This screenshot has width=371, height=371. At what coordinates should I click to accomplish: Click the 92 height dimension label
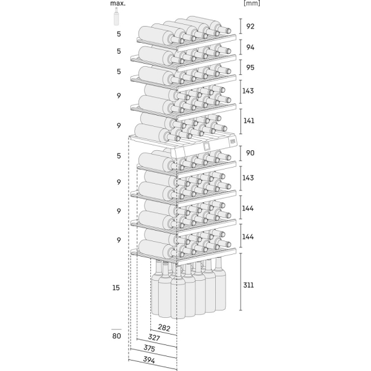tap(250, 26)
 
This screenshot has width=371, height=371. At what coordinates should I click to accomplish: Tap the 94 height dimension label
tap(250, 48)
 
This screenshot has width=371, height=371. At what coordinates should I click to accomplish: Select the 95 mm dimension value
tap(250, 67)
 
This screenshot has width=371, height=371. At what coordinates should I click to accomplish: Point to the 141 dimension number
tap(249, 121)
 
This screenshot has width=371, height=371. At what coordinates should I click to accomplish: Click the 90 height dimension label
tap(250, 153)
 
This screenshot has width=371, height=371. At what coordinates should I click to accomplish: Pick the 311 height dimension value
tap(249, 285)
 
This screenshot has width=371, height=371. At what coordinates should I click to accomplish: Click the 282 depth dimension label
tap(164, 328)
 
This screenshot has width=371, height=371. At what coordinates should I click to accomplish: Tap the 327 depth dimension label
tap(154, 337)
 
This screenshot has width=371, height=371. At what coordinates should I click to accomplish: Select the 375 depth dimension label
tap(149, 348)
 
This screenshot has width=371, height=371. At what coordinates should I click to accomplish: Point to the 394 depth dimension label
tap(149, 360)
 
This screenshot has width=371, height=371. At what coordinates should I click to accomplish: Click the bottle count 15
tap(116, 288)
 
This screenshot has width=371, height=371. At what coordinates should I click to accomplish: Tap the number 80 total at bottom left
tap(116, 336)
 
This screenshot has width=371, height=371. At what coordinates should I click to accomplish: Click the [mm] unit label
tap(252, 3)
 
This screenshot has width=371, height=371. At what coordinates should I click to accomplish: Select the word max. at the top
tap(118, 3)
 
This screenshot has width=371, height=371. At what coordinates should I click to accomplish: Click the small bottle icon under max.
tap(116, 16)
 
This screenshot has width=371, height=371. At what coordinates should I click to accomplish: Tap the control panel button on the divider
tap(232, 142)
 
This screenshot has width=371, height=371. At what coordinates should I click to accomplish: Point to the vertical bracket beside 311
tap(241, 281)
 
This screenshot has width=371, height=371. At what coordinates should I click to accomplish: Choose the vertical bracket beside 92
tap(241, 26)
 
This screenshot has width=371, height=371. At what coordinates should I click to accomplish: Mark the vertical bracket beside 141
tap(241, 121)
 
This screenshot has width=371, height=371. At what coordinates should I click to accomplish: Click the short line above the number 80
tap(116, 329)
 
